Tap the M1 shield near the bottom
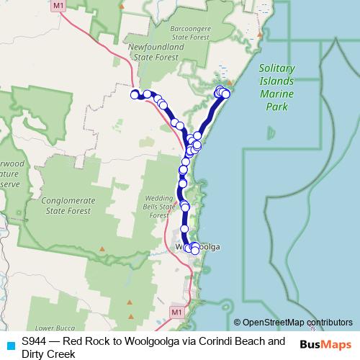pos(176,311)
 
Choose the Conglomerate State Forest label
pos(66,206)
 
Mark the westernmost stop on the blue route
pos(134,94)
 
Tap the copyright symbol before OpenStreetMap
pos(238,323)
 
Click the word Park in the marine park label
pos(276,107)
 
